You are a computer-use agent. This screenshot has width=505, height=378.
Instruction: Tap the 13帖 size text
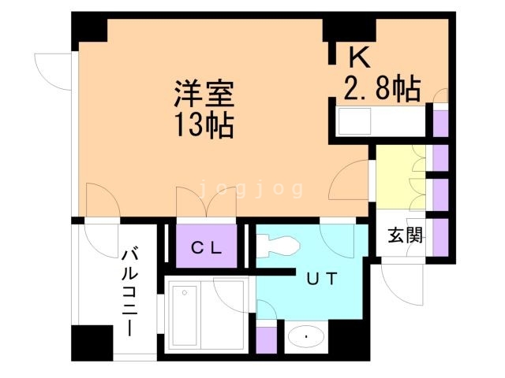pyautogui.click(x=204, y=125)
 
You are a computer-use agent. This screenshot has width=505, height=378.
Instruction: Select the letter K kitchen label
pyautogui.click(x=360, y=57)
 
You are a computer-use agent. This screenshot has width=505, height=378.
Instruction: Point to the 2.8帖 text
pyautogui.click(x=382, y=88)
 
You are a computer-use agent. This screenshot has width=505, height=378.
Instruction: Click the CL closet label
pyautogui.click(x=207, y=247)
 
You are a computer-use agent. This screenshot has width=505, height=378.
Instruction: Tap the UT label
pyautogui.click(x=322, y=279)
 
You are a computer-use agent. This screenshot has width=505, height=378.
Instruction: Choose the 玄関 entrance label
pyautogui.click(x=405, y=235)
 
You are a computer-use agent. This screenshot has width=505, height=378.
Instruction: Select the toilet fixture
pyautogui.click(x=279, y=246)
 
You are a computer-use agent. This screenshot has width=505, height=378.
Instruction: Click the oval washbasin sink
pyautogui.click(x=306, y=337)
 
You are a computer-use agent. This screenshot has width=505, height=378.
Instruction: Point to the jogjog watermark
pyautogui.click(x=251, y=189)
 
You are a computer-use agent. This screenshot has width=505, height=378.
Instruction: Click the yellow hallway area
pyautogui.click(x=400, y=176)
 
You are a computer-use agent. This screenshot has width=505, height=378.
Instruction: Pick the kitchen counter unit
pyautogui.click(x=380, y=121)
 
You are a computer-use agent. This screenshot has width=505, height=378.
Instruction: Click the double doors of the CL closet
pyautogui.click(x=206, y=202)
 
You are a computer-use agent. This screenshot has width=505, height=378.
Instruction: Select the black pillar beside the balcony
pyautogui.click(x=92, y=343)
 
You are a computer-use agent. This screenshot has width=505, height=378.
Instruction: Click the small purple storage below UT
pyautogui.click(x=267, y=340)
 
